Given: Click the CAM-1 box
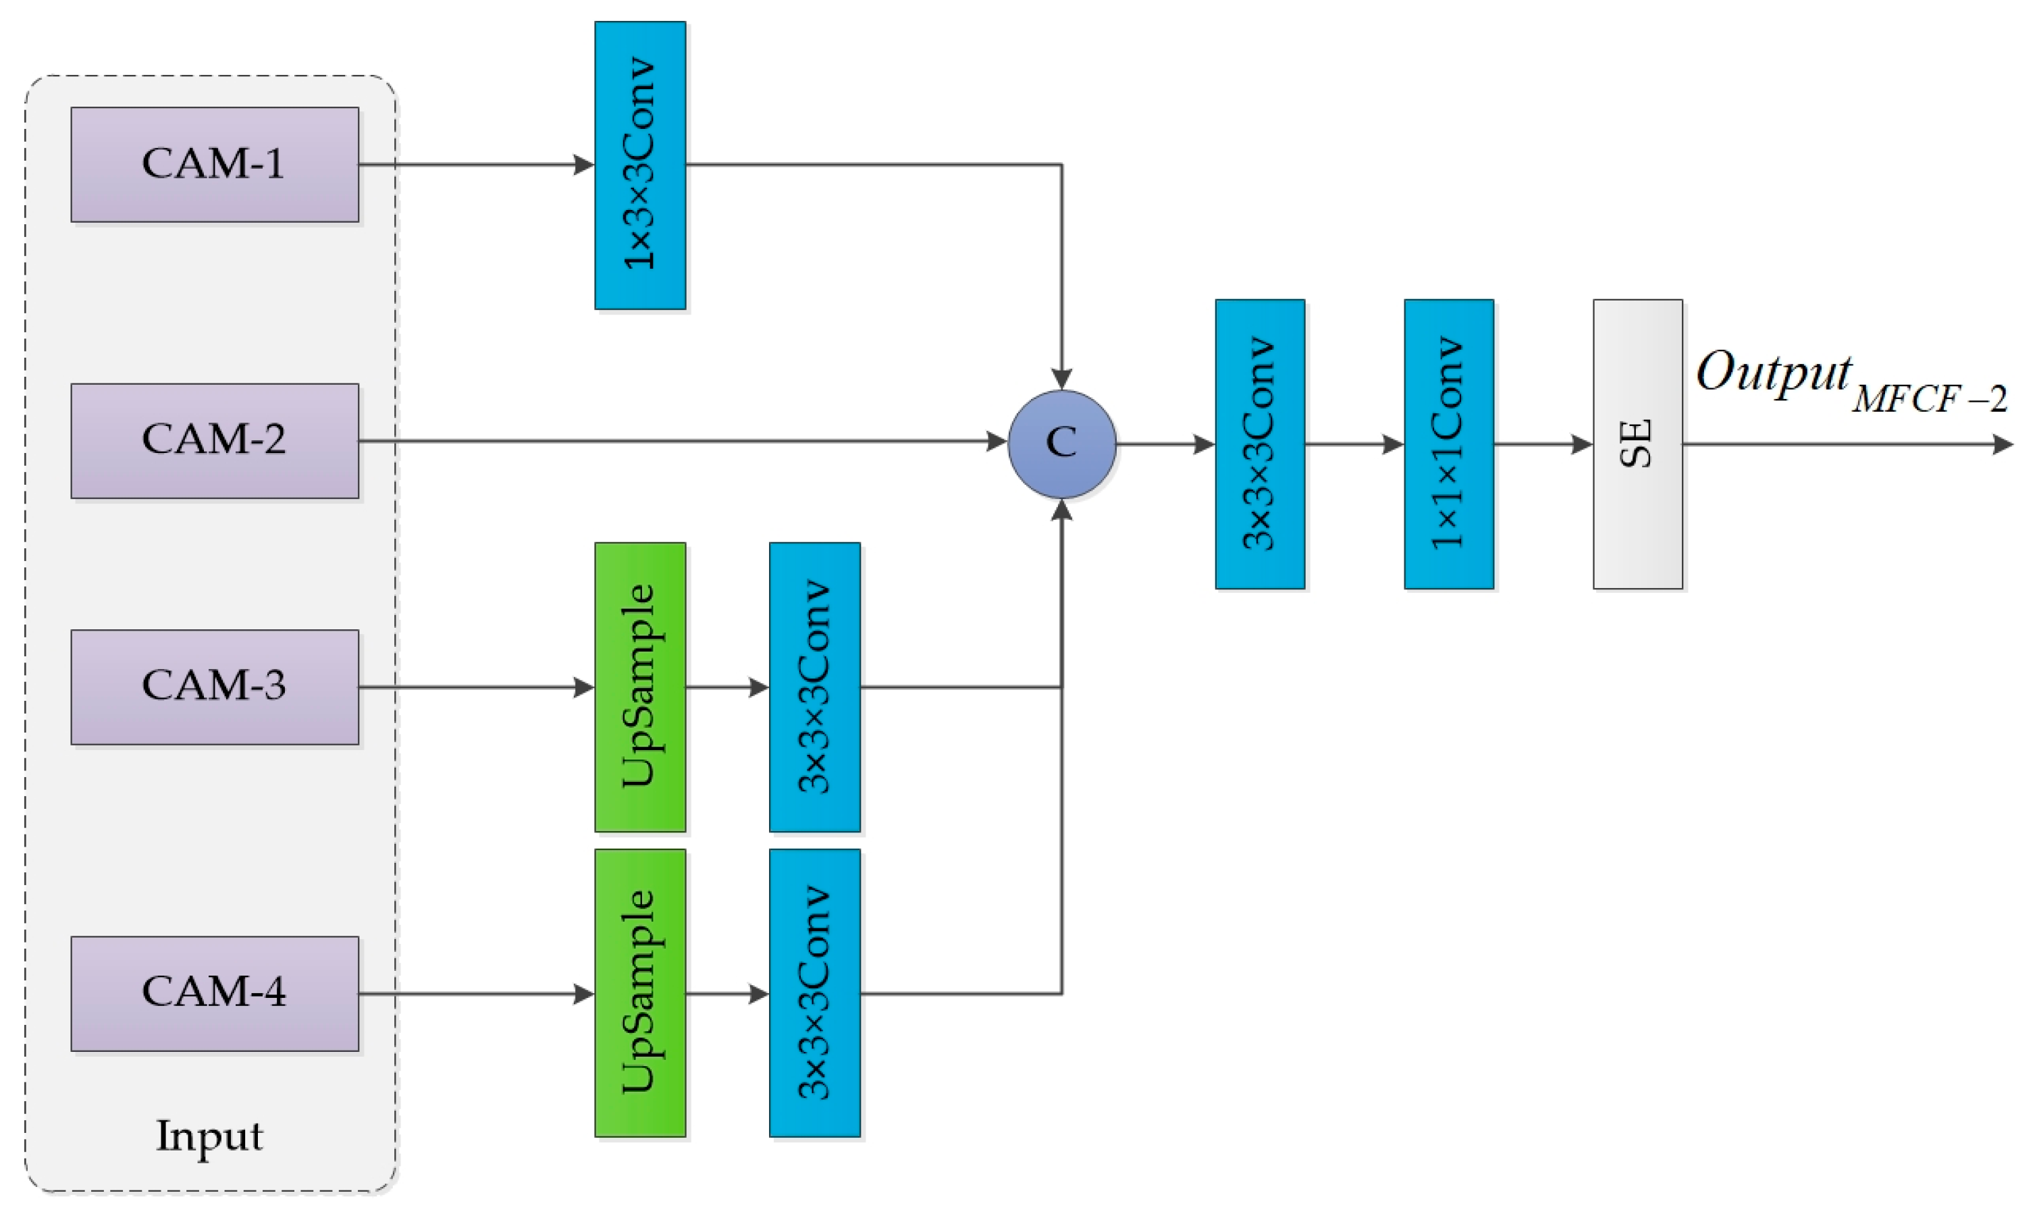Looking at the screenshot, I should tap(214, 164).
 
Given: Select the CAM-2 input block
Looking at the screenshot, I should tap(214, 441).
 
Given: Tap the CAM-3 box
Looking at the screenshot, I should tap(214, 687).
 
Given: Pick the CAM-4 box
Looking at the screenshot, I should tap(214, 993).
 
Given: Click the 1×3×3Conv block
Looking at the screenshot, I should tap(640, 165).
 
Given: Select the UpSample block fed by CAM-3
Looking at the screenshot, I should tap(640, 687).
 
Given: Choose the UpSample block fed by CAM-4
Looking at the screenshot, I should tap(640, 993).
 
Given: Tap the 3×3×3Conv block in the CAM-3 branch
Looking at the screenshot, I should tap(814, 687).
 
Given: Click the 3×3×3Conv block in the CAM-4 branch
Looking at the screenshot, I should tap(814, 993).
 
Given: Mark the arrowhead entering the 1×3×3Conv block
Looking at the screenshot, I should tap(584, 165).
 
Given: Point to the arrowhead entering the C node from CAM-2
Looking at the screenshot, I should tap(997, 442).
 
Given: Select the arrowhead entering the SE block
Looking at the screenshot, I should tap(1583, 445).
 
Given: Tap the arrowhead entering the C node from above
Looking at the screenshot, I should tap(1062, 379).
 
